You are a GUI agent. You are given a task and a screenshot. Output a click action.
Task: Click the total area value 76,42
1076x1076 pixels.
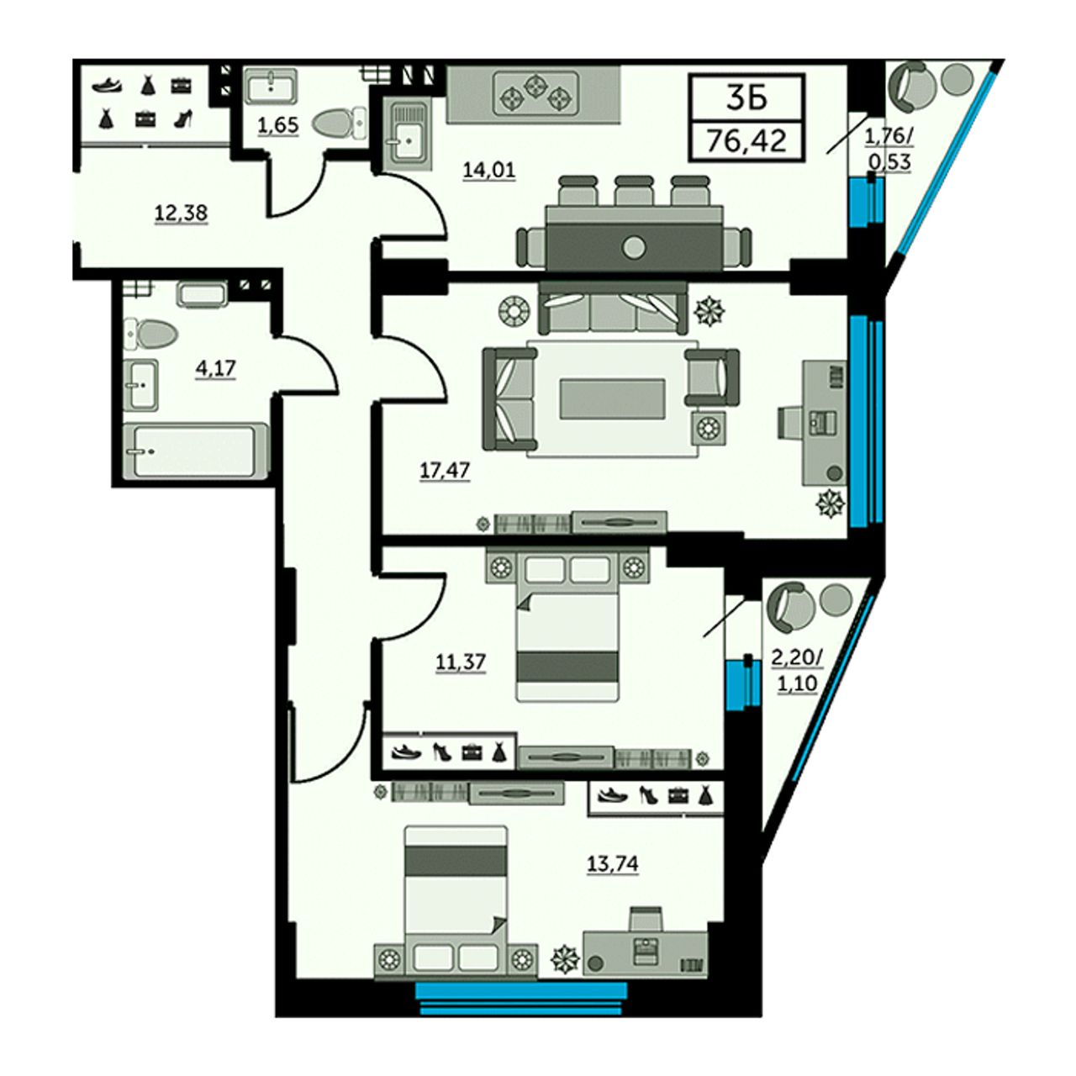tap(746, 142)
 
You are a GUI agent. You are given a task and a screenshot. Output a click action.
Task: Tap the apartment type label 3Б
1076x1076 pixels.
tap(747, 98)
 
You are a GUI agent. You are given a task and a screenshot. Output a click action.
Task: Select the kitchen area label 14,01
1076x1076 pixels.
tap(489, 169)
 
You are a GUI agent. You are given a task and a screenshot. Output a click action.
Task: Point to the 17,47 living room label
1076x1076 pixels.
tap(445, 471)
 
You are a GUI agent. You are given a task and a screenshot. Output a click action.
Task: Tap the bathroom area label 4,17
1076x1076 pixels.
tap(215, 368)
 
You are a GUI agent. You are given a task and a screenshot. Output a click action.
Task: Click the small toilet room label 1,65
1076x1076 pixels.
tap(278, 125)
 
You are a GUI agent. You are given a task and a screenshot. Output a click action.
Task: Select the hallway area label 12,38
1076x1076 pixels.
tap(182, 213)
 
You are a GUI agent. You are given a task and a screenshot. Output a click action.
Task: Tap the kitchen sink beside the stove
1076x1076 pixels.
tap(409, 134)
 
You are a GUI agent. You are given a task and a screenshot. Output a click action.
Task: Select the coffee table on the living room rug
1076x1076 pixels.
tap(613, 398)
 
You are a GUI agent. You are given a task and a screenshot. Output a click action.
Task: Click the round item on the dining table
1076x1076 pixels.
tap(634, 245)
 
